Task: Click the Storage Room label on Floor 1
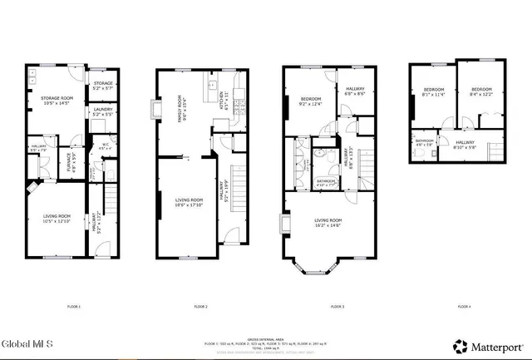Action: click(x=57, y=101)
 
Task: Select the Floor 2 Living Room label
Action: click(x=189, y=202)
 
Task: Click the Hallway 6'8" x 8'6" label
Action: click(x=348, y=93)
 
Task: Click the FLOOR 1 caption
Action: click(x=74, y=308)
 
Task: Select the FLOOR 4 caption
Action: click(x=463, y=308)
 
